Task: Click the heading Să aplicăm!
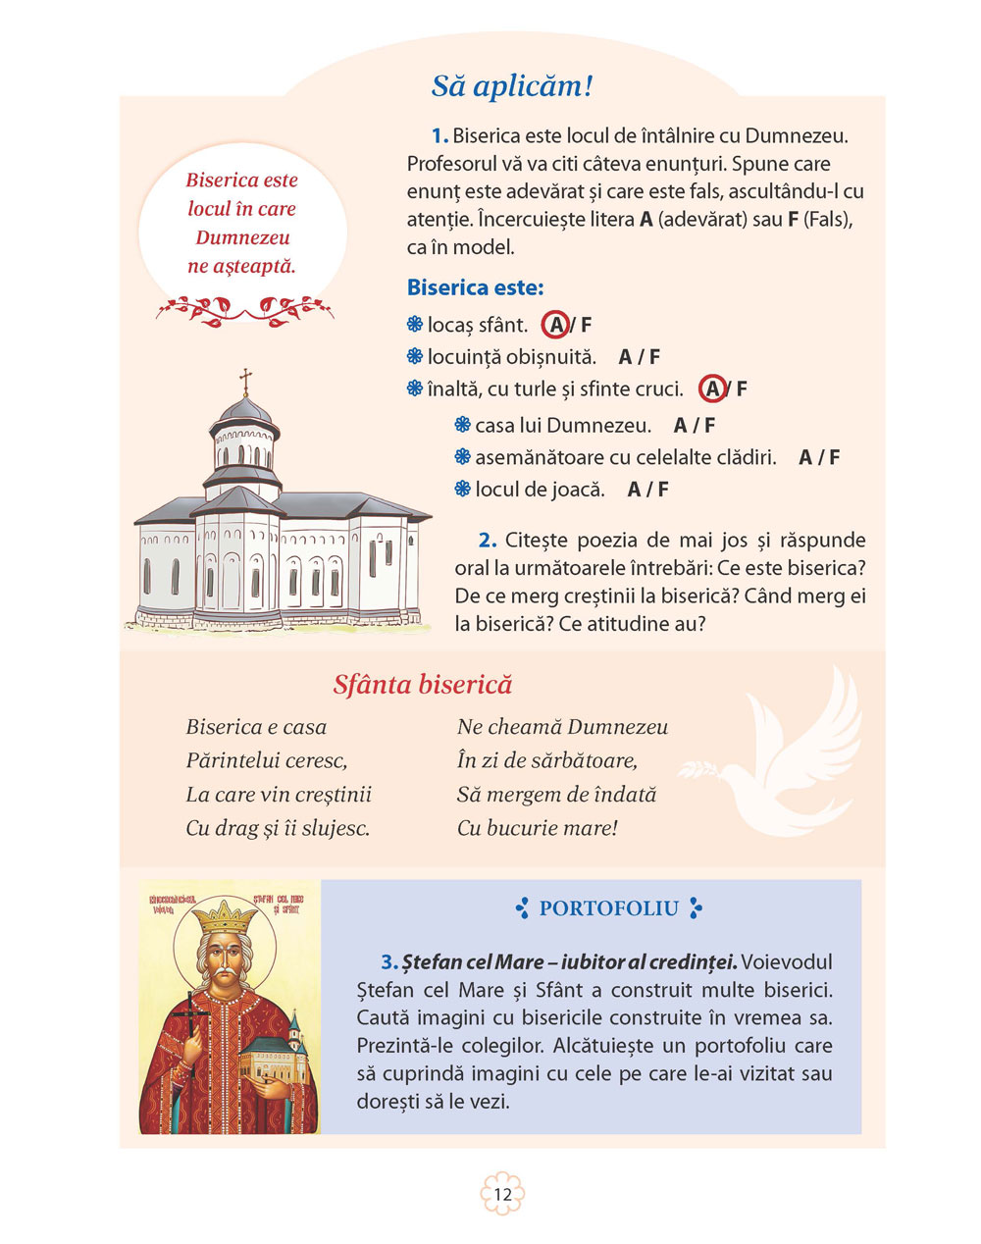click(512, 86)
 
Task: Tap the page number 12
click(502, 1194)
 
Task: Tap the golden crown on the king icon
click(224, 918)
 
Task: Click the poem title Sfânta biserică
click(422, 685)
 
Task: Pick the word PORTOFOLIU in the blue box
click(609, 908)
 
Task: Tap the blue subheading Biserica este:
click(475, 288)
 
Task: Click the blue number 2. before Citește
click(488, 541)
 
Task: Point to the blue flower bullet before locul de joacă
click(463, 489)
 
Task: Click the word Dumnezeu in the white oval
click(241, 237)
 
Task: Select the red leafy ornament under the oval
click(244, 310)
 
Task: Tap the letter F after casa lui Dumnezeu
click(709, 426)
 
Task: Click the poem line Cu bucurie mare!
click(538, 828)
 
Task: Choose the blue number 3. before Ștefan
click(388, 962)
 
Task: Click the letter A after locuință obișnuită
click(625, 357)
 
